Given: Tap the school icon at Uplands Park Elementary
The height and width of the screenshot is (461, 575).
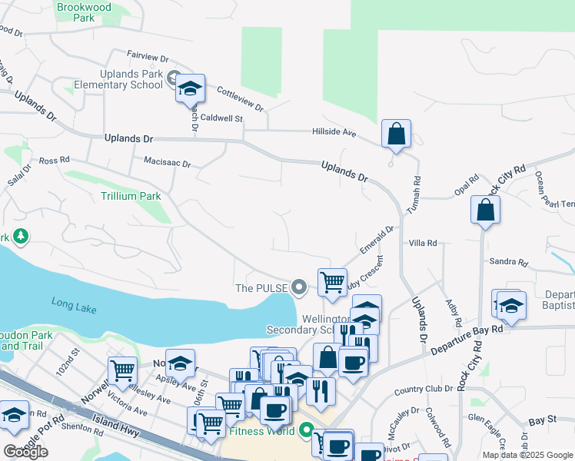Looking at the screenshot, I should tap(189, 89).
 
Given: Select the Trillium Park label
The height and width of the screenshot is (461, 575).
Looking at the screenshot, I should tap(131, 196).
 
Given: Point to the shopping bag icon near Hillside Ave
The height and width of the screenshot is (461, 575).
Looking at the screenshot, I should tap(396, 134).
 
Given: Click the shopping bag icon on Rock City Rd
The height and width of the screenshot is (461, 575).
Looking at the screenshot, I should tap(486, 209).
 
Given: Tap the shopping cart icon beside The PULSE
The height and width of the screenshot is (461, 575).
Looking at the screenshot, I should tap(332, 281).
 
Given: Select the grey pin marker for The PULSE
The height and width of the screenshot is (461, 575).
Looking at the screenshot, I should tap(301, 288).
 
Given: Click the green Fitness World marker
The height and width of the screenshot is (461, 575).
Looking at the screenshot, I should tap(307, 432).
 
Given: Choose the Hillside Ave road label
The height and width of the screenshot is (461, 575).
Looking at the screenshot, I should tap(334, 132).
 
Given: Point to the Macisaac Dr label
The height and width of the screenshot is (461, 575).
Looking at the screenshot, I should tap(167, 164).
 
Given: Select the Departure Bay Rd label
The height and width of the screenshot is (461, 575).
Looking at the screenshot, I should tap(466, 339).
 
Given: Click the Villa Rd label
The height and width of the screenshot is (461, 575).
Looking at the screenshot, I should tap(423, 243).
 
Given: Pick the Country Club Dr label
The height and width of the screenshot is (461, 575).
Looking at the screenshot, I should tap(419, 390).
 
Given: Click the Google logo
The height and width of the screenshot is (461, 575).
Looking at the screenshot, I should tap(25, 451).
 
